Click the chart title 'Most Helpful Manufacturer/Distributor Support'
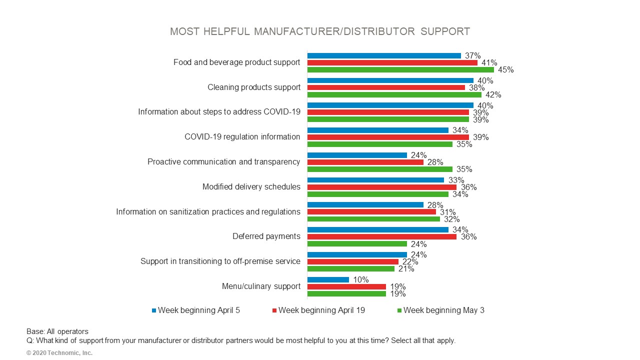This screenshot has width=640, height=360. tap(320, 31)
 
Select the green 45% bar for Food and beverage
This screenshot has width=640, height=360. tap(400, 70)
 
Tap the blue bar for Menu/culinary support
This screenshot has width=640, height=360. tap(328, 279)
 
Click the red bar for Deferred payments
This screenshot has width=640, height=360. tap(381, 237)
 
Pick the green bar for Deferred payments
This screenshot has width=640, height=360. tap(357, 244)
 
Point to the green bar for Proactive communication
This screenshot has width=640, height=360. tap(379, 169)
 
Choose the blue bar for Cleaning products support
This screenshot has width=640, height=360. tap(390, 80)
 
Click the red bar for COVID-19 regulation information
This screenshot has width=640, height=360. tap(388, 137)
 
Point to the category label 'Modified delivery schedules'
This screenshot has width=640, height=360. tap(251, 187)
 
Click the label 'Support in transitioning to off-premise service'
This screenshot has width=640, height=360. tap(220, 261)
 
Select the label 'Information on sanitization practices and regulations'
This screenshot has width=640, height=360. tap(208, 212)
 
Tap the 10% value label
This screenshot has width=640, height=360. tap(360, 279)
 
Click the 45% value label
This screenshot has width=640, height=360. tap(505, 70)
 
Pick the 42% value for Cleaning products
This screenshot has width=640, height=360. tap(493, 95)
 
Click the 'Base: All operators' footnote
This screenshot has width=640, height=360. tap(57, 331)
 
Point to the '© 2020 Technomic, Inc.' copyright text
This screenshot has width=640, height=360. tap(59, 353)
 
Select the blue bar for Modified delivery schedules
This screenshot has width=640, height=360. tap(375, 180)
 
